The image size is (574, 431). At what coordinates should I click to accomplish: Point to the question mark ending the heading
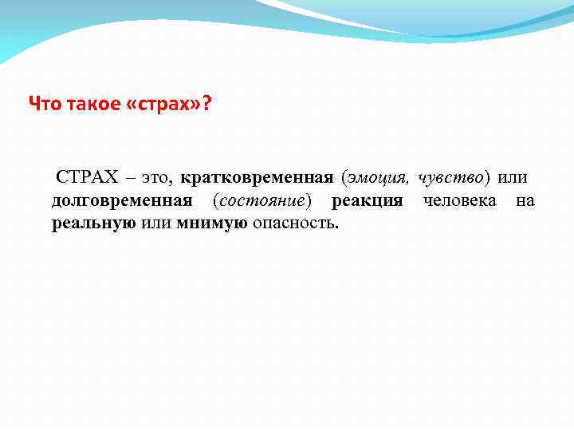[207, 104]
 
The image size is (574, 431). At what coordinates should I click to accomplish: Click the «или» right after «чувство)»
[512, 176]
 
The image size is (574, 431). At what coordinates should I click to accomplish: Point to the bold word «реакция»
[368, 200]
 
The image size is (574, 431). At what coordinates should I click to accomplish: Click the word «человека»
[459, 200]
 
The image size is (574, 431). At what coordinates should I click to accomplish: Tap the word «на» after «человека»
[525, 200]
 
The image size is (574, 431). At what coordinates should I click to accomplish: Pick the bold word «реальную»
[94, 223]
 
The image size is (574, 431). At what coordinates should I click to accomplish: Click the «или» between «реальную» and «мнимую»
[157, 223]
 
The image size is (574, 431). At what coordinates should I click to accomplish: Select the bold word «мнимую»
[212, 223]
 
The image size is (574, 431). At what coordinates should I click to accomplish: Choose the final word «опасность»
[295, 223]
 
